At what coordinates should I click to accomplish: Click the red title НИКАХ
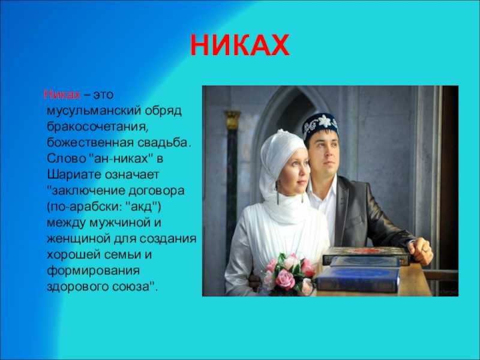tap(239, 45)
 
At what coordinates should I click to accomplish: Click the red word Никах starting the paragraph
tap(62, 94)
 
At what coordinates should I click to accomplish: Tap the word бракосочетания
tap(98, 127)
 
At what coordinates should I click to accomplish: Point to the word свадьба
tap(164, 143)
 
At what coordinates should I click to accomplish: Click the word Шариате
tap(74, 175)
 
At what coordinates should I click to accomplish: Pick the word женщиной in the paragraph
tap(79, 239)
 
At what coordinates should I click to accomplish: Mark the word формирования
tap(94, 271)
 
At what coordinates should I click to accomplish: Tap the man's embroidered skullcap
tap(320, 124)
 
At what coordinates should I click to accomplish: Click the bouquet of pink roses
tap(289, 273)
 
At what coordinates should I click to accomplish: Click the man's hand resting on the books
tap(420, 250)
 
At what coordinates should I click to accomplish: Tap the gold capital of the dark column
tap(232, 119)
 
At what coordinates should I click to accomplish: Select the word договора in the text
tap(157, 191)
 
